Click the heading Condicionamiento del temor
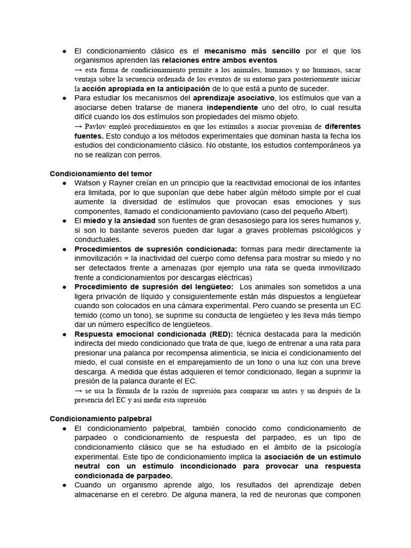pyautogui.click(x=101, y=173)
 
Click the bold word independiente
pyautogui.click(x=236, y=108)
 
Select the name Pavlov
pyautogui.click(x=96, y=126)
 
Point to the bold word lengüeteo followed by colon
pyautogui.click(x=215, y=286)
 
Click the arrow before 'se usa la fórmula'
pyautogui.click(x=78, y=390)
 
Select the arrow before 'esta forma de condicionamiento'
pyautogui.click(x=78, y=70)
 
